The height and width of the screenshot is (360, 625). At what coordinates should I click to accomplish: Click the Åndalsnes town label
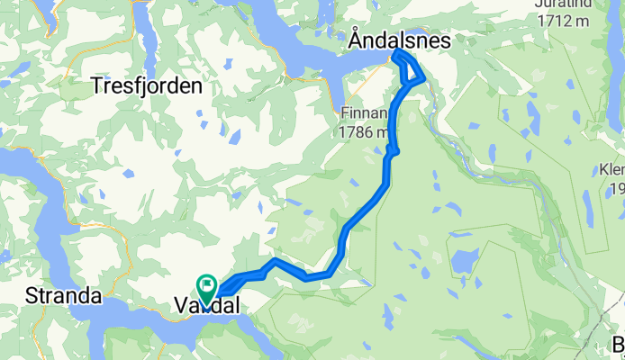399,40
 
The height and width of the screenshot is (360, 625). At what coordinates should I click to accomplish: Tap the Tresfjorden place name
146,86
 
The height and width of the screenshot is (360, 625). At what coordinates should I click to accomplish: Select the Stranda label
63,295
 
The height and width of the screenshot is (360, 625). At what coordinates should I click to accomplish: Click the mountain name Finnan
364,114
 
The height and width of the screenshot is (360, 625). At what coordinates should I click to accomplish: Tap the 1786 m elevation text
365,132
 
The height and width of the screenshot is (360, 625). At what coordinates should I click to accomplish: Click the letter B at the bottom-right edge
619,342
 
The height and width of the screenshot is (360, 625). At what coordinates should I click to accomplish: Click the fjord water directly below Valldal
194,331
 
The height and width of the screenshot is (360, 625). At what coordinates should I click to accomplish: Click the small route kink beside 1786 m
393,150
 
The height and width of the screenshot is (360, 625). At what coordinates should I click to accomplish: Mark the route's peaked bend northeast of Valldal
273,262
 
